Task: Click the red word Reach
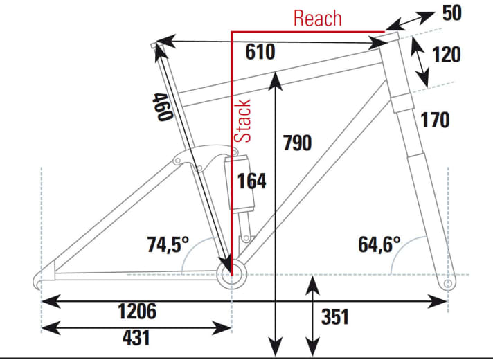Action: coord(318,18)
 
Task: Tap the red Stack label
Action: coord(242,121)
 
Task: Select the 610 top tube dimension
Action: coord(260,51)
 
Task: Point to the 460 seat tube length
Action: coord(162,107)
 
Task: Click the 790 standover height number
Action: coord(297,143)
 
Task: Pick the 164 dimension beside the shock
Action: coord(251,181)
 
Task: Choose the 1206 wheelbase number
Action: coord(137,312)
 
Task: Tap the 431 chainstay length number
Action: coord(136,338)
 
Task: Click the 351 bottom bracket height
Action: coord(335,316)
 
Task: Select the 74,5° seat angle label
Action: coord(168,244)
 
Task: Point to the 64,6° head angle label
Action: coord(379,244)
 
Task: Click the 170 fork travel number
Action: coord(435,120)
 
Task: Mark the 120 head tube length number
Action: coord(447,55)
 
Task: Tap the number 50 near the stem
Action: coord(452,13)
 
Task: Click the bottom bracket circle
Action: coord(232,275)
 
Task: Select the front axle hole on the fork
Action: coord(448,283)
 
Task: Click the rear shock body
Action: coord(240,183)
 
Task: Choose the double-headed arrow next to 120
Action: coord(420,62)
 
